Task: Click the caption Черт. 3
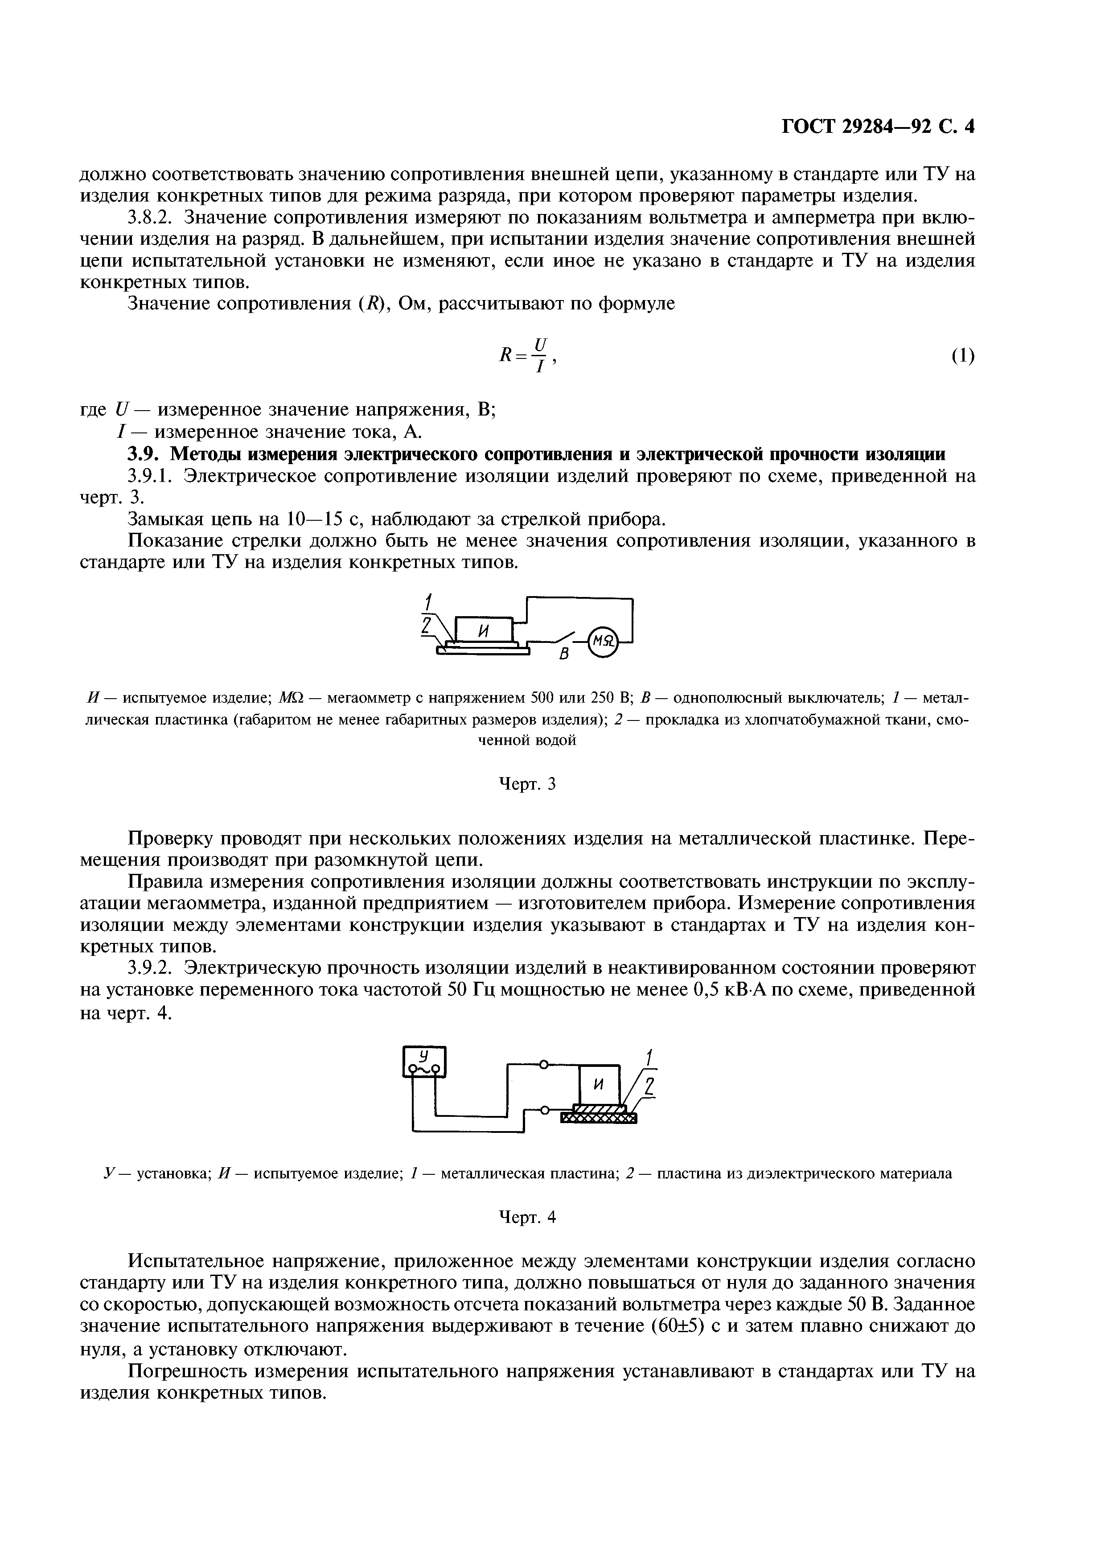pyautogui.click(x=528, y=785)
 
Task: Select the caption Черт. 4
pyautogui.click(x=528, y=1217)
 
